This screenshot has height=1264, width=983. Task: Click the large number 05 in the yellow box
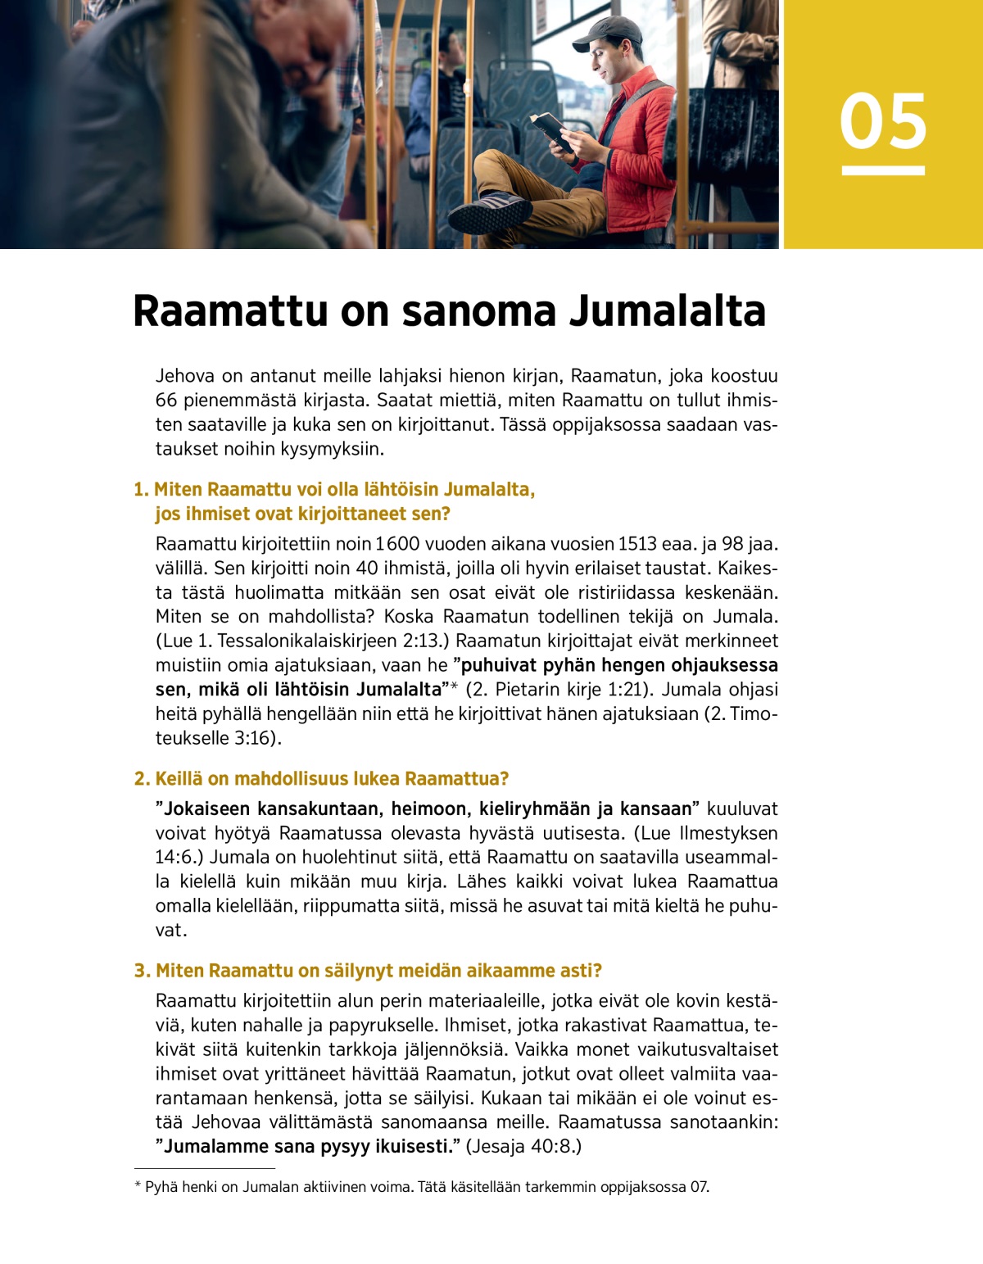click(x=882, y=122)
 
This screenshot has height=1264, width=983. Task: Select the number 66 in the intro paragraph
click(x=166, y=401)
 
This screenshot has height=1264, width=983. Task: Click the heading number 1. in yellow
click(x=141, y=490)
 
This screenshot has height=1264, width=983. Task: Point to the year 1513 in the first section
click(x=636, y=544)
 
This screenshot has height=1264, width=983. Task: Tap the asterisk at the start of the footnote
click(x=138, y=1186)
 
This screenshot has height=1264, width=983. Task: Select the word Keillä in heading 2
click(x=179, y=779)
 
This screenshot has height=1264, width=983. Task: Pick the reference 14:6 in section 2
click(x=177, y=858)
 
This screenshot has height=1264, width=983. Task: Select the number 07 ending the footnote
click(x=699, y=1187)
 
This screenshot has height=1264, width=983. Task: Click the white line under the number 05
click(x=882, y=170)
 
